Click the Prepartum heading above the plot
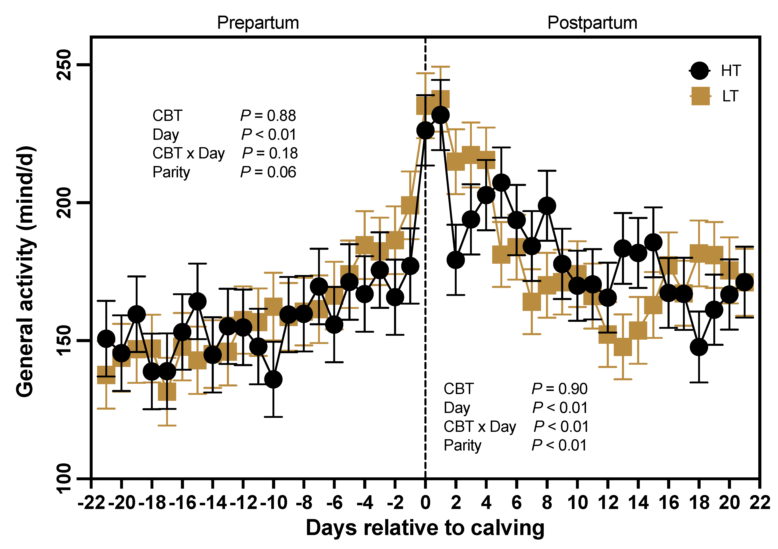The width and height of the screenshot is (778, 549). click(258, 23)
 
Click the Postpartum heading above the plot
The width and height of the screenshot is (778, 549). click(592, 23)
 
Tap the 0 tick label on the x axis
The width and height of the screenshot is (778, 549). click(425, 503)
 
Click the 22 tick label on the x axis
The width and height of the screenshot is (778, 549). click(760, 503)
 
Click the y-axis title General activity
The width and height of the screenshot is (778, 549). click(25, 271)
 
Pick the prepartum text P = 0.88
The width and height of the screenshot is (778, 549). click(268, 116)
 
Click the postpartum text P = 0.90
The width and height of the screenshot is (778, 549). click(560, 389)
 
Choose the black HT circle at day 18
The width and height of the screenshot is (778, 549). click(699, 347)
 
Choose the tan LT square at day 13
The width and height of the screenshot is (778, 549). click(623, 347)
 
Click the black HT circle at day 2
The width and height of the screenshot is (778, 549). click(456, 260)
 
